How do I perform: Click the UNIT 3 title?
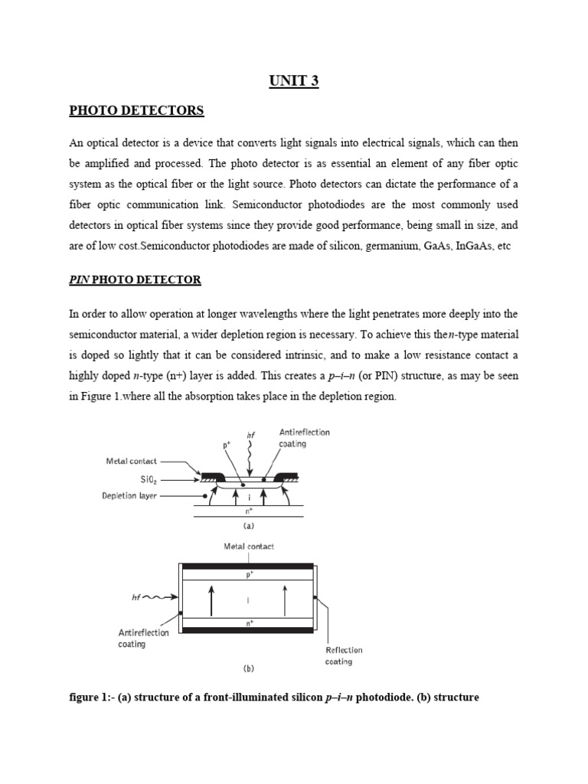(x=294, y=82)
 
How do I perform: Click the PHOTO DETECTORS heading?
(x=136, y=111)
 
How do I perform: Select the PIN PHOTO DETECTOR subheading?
(x=135, y=279)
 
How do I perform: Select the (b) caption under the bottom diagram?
(x=248, y=668)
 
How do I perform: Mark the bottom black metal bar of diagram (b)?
(x=247, y=630)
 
